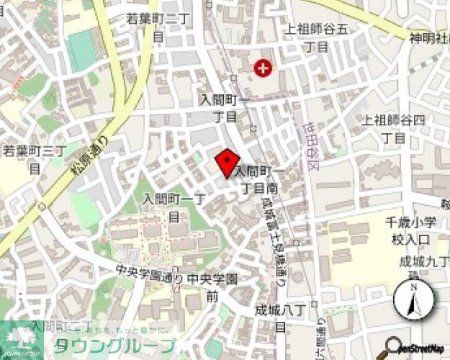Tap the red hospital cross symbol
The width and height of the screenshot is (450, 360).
[x=264, y=69]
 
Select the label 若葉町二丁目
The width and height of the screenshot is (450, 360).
[x=158, y=26]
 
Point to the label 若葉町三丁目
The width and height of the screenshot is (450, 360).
[x=34, y=159]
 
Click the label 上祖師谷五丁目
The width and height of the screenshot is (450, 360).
[x=317, y=37]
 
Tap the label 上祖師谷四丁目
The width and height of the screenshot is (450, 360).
[x=394, y=127]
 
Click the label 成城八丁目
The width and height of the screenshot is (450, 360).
[x=281, y=316]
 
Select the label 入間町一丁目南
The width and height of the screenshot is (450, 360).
[x=259, y=179]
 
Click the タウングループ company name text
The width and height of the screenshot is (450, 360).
[x=115, y=345]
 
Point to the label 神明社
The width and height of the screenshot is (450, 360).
[x=429, y=37]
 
